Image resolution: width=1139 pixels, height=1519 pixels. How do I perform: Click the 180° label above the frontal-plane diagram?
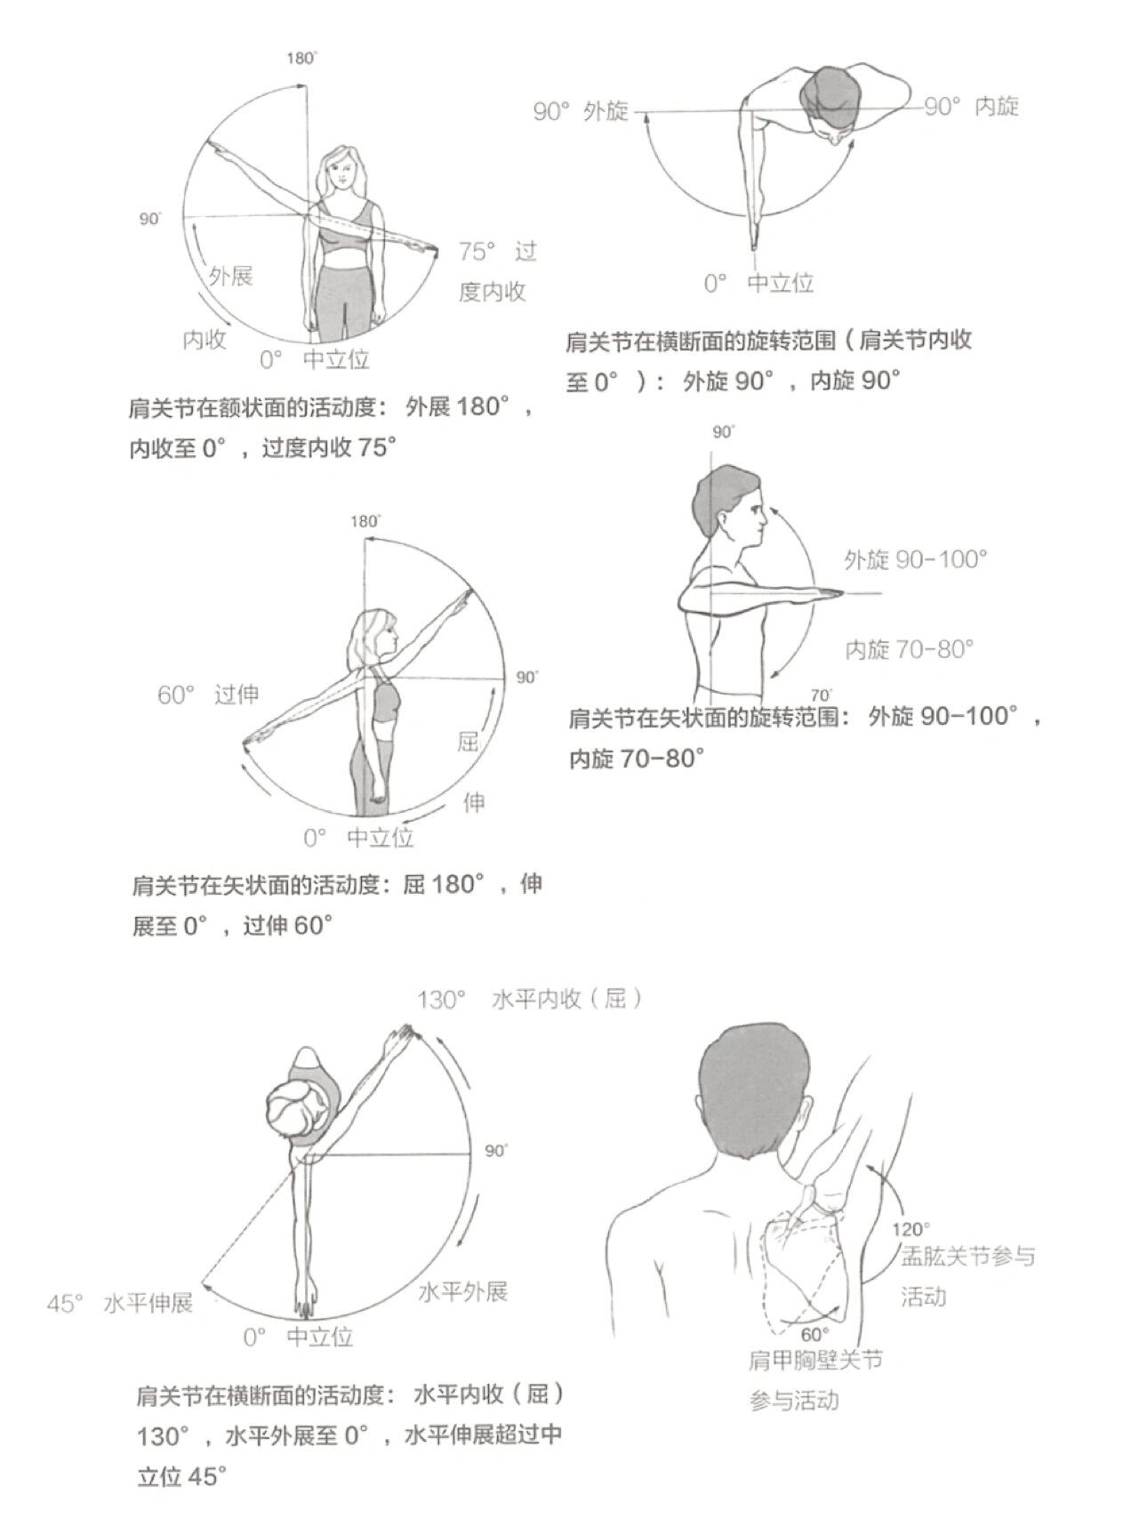[x=301, y=59]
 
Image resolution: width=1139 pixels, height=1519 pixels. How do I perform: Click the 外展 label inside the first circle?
[x=231, y=276]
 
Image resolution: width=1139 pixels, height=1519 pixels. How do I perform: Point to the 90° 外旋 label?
[x=580, y=111]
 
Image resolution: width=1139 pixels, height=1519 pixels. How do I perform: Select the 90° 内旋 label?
[x=971, y=107]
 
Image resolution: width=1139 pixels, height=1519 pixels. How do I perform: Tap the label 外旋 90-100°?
[x=916, y=559]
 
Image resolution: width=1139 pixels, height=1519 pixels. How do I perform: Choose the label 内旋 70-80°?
[x=909, y=649]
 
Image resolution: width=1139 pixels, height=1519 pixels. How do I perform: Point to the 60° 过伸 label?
[x=208, y=695]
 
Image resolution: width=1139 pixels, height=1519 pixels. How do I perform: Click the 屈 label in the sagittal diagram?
[x=469, y=742]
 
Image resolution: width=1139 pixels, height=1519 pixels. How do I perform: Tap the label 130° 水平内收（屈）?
[x=530, y=1000]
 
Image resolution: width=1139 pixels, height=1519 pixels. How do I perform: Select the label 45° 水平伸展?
[x=120, y=1304]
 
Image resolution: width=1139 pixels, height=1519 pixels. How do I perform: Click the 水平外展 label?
[x=462, y=1291]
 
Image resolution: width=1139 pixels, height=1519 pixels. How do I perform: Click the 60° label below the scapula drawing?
[x=814, y=1334]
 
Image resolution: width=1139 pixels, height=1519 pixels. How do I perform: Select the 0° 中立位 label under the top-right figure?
[x=758, y=284]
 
